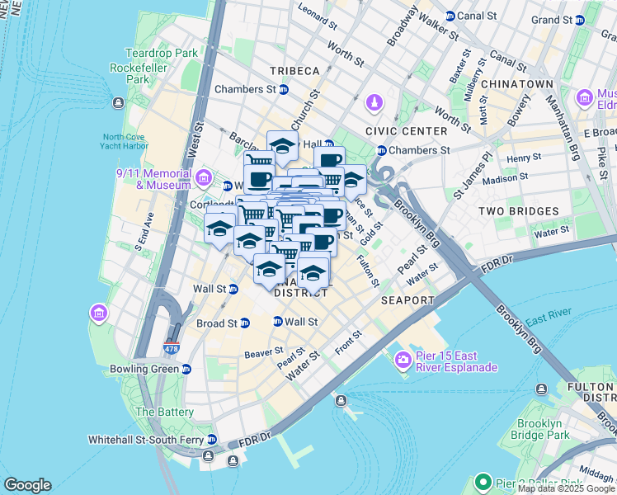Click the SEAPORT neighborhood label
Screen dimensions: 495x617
pos(407,300)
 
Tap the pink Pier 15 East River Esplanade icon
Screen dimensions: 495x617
pos(403,359)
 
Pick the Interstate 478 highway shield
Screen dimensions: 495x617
pos(172,348)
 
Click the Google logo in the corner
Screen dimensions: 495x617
pos(27,484)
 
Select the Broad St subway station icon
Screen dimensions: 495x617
pos(244,323)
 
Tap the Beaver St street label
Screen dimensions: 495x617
pos(264,353)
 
